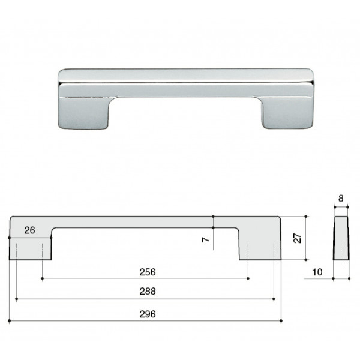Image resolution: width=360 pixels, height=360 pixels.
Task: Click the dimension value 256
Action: (148, 272)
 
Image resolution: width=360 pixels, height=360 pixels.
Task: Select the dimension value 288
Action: (148, 291)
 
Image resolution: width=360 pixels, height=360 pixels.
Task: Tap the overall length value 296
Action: (148, 314)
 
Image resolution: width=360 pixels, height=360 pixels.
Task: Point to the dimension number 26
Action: (29, 230)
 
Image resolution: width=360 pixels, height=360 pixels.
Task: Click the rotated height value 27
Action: (298, 238)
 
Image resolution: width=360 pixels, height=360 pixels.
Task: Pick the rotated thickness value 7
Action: (206, 239)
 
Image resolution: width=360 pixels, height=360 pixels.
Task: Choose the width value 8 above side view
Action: (341, 199)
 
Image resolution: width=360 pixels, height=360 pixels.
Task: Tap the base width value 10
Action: (317, 272)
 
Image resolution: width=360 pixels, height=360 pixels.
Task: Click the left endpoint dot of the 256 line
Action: (42, 278)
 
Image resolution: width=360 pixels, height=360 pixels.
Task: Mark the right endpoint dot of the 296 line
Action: (281, 321)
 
